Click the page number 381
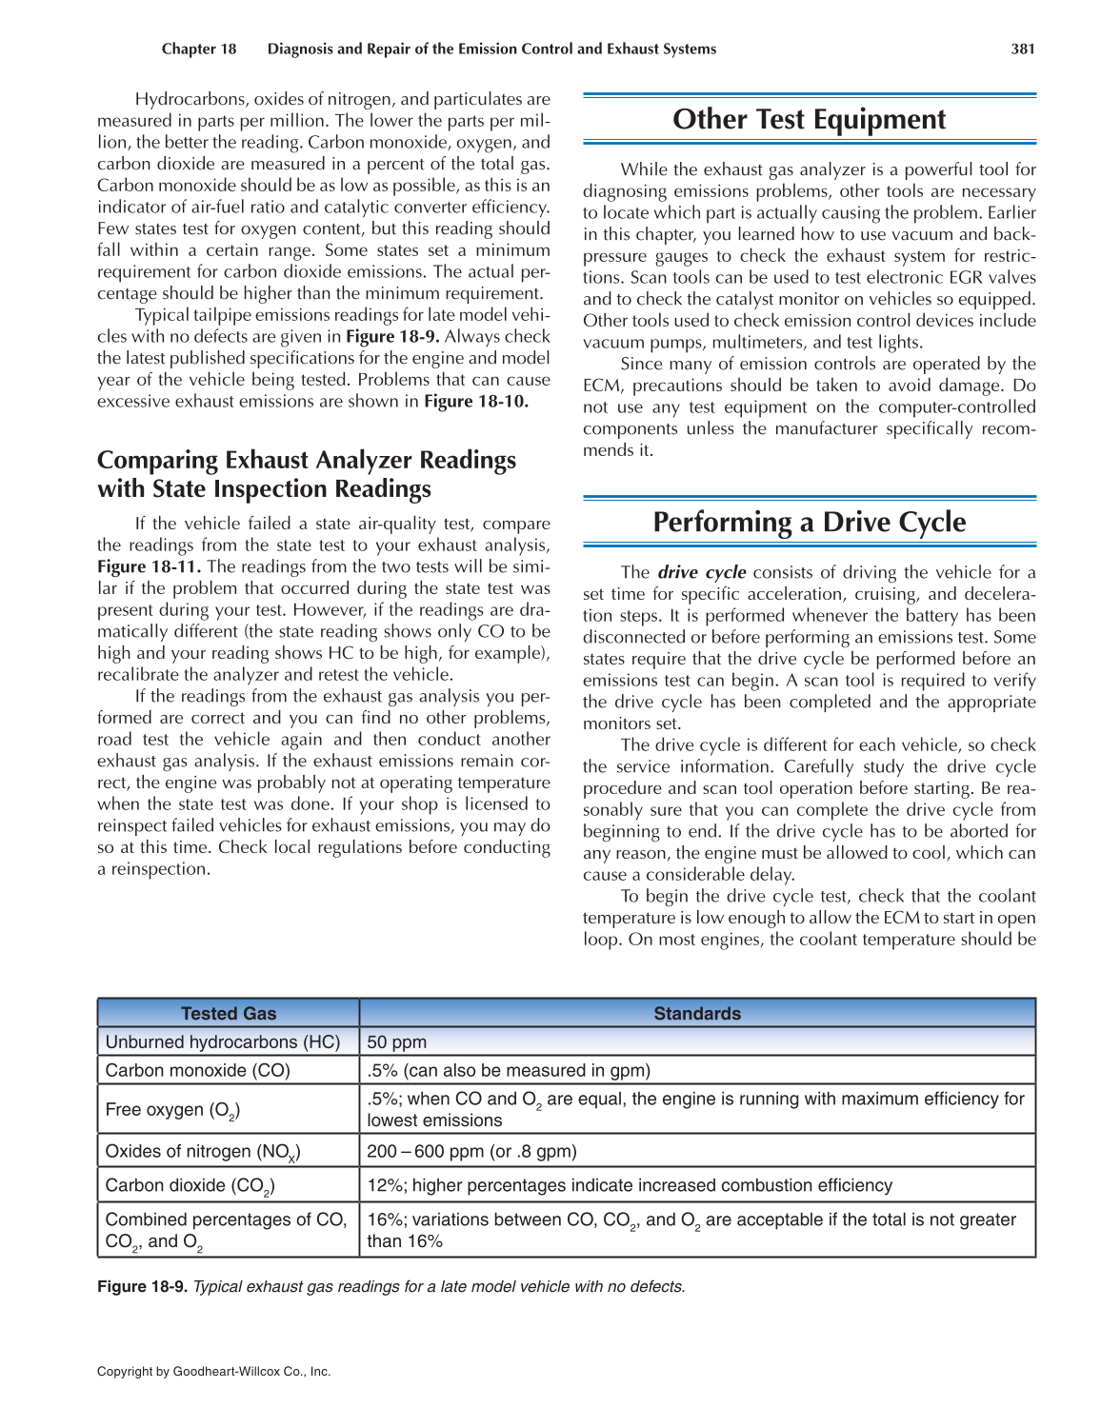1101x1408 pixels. tap(1022, 50)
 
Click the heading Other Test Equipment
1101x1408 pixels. tap(809, 120)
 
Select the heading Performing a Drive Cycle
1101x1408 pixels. tap(809, 523)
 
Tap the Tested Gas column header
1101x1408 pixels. tap(229, 1014)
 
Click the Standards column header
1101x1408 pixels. tap(697, 1014)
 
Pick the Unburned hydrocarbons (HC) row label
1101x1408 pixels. tap(223, 1041)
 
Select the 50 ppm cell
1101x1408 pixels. tap(397, 1041)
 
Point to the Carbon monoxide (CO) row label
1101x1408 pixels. tap(198, 1070)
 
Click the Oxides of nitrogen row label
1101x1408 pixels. tap(203, 1152)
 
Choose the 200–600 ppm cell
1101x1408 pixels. tap(471, 1151)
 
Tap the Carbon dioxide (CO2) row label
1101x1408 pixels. tap(190, 1186)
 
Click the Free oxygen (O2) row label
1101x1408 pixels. tap(172, 1110)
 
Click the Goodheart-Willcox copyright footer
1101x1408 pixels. tap(214, 1372)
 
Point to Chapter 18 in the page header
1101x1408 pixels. tap(199, 50)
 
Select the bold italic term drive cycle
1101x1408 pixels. tap(702, 573)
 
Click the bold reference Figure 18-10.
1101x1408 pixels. tap(476, 402)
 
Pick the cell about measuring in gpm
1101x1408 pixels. tap(509, 1070)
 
